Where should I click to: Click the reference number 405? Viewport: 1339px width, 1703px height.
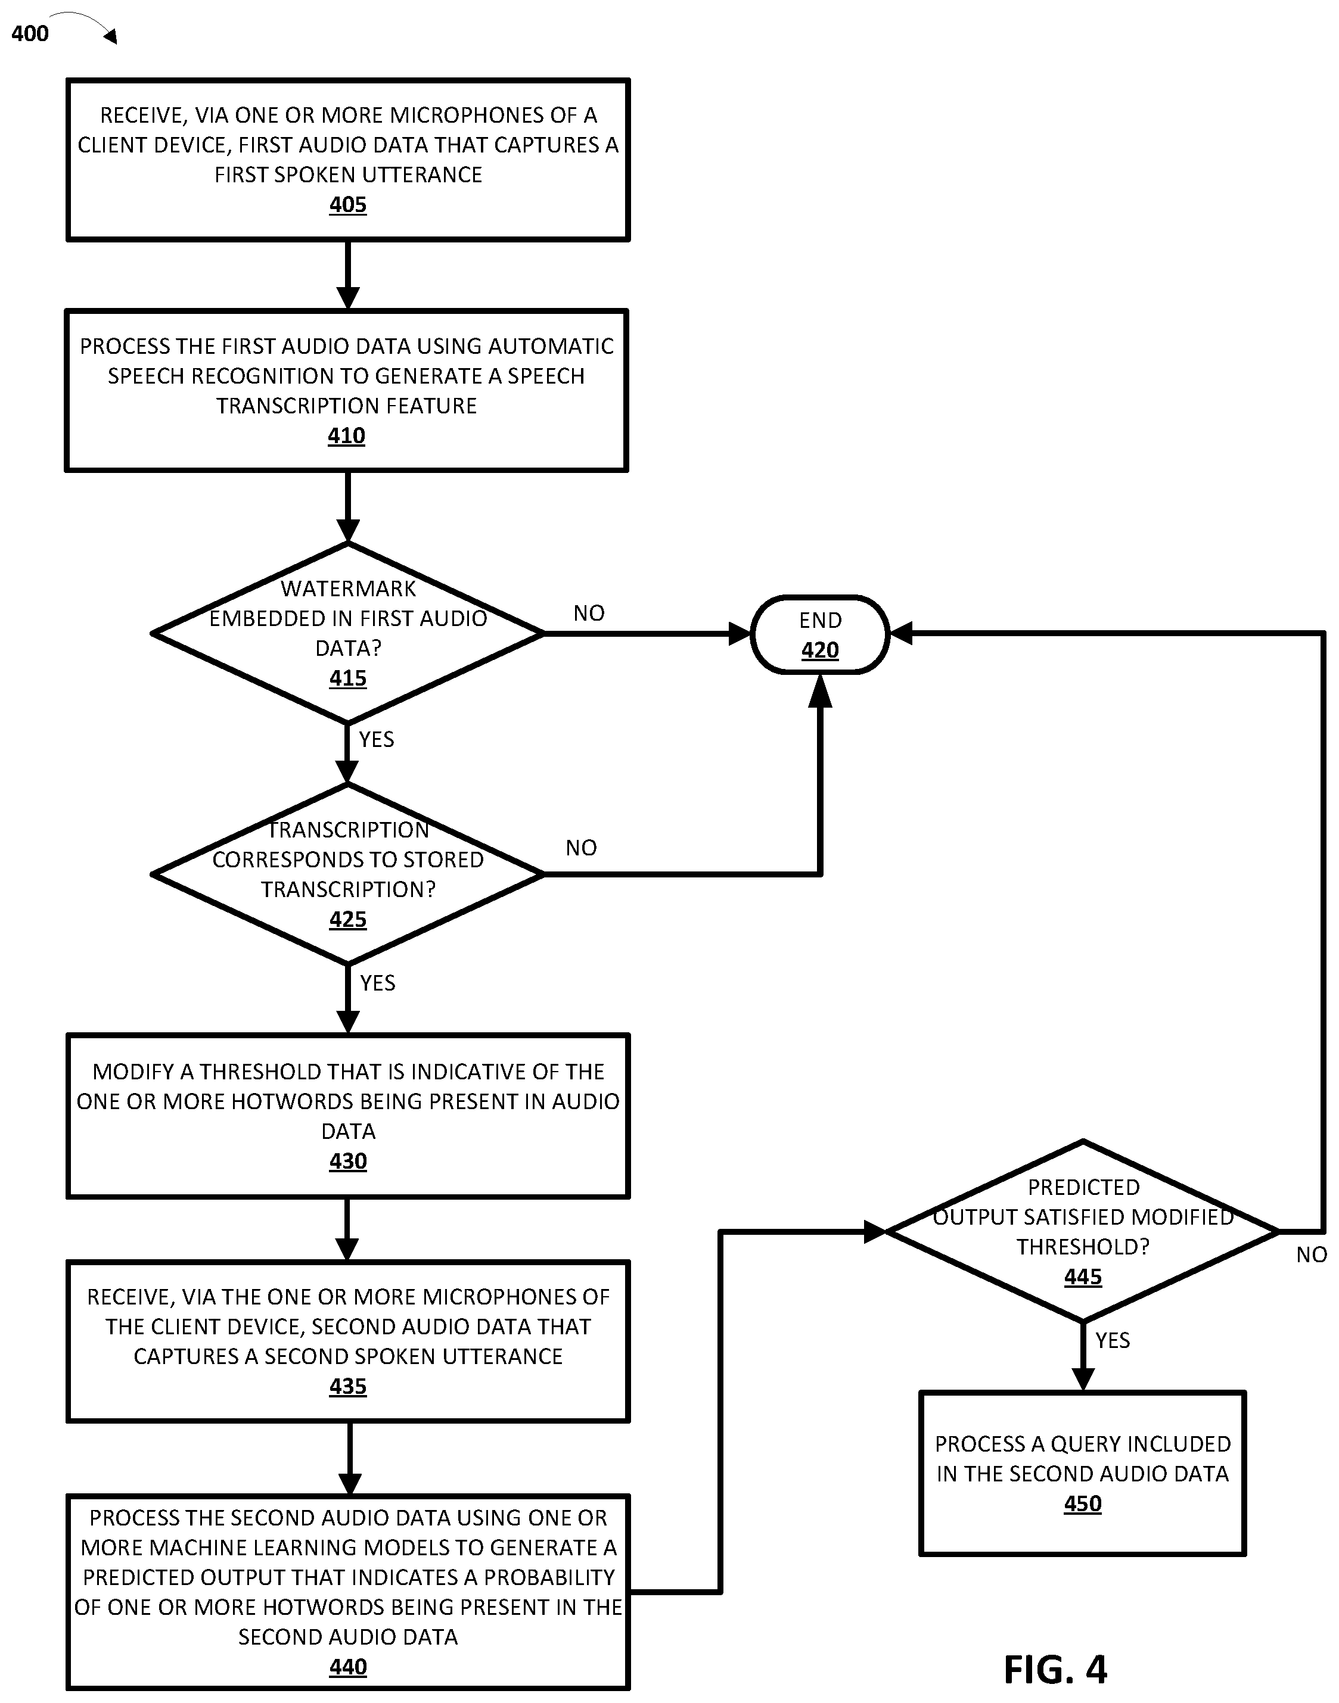pos(347,204)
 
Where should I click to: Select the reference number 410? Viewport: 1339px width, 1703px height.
pos(346,436)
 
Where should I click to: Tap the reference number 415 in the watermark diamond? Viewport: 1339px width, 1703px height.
pos(347,678)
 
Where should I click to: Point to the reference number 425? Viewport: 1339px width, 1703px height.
pos(347,919)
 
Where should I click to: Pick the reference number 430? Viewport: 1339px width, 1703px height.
pos(347,1161)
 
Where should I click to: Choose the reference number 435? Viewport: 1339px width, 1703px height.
pos(347,1386)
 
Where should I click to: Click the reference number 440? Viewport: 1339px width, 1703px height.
pos(347,1667)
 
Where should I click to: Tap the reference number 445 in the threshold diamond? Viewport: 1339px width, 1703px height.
pos(1083,1277)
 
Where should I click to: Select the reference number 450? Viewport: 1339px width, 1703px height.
pos(1083,1504)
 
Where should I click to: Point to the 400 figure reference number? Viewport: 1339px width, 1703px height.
pos(30,34)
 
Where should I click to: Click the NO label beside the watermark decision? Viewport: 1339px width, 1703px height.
pos(589,613)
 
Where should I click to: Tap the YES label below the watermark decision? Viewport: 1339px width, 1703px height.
pos(376,739)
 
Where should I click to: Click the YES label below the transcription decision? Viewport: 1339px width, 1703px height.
pos(377,983)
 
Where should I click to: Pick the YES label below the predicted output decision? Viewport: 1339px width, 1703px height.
pos(1113,1340)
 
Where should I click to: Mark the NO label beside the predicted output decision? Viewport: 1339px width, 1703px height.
pos(1312,1254)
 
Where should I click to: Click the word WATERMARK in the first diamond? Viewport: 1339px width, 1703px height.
pos(348,589)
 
